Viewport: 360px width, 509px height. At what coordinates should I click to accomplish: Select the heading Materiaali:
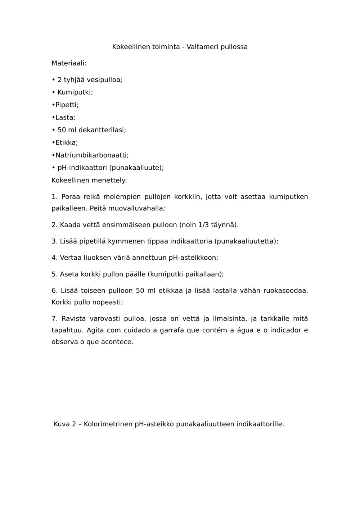tap(69, 63)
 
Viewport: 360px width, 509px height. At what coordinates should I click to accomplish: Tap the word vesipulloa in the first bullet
tap(104, 80)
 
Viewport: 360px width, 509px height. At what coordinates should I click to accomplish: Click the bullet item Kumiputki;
tap(75, 92)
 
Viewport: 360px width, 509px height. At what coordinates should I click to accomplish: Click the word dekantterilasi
tap(102, 130)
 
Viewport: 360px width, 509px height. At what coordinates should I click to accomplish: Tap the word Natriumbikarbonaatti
tap(92, 155)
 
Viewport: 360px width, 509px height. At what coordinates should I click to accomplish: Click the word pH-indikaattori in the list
tap(82, 168)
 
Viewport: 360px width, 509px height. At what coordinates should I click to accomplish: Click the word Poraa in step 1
tap(70, 197)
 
